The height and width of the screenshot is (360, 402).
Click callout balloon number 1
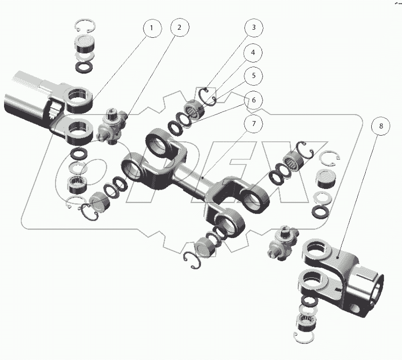152,28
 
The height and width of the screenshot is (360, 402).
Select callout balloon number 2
180,27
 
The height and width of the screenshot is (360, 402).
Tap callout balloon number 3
253,27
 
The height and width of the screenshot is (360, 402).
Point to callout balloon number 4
253,52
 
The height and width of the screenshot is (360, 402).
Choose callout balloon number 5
253,76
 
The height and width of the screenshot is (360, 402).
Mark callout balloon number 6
253,100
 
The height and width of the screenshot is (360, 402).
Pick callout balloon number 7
253,124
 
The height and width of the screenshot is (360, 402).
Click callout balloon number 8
381,126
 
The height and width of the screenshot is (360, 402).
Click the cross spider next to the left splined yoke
112,126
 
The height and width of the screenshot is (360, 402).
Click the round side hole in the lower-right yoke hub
355,309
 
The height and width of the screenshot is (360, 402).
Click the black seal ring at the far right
320,212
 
